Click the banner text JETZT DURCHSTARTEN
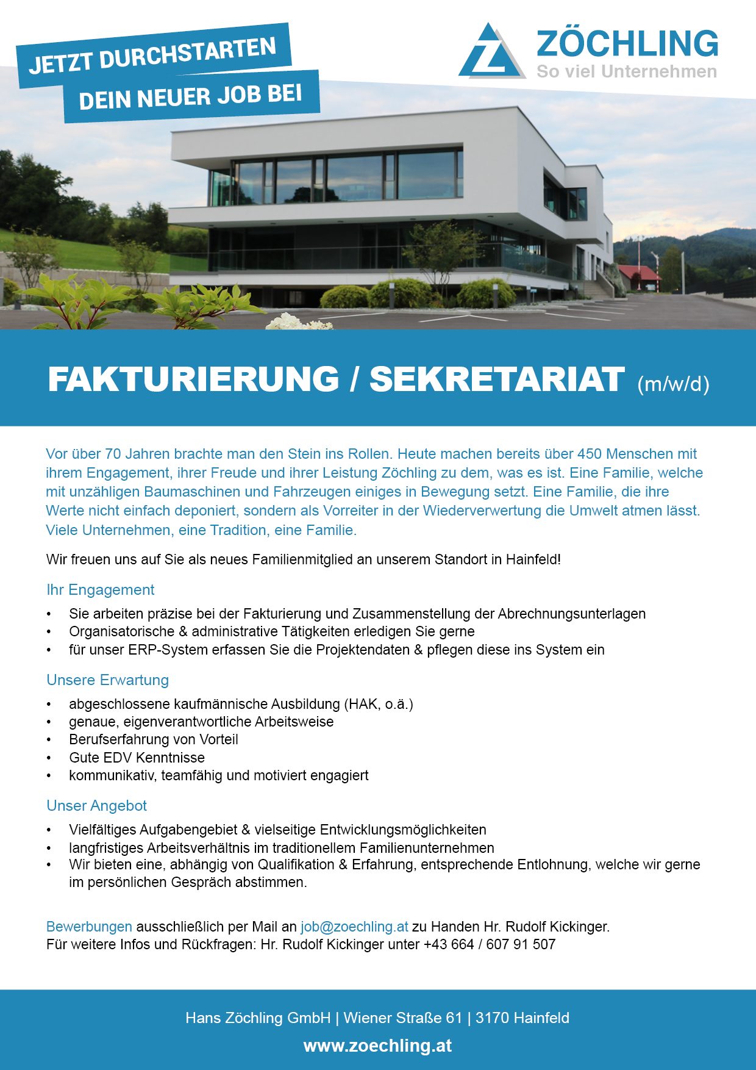click(153, 56)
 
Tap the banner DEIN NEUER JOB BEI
click(191, 96)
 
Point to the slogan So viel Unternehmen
click(626, 71)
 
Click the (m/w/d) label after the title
click(673, 384)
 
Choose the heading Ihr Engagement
click(101, 590)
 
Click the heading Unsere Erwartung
click(108, 680)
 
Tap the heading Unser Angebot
click(97, 806)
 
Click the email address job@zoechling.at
click(354, 927)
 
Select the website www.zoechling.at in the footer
click(378, 1046)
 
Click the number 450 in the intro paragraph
click(590, 454)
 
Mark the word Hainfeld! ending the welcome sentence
click(533, 559)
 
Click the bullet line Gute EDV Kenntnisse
click(137, 758)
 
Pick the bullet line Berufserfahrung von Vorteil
click(153, 739)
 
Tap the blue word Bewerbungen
click(89, 927)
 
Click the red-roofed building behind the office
click(638, 276)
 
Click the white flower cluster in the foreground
click(298, 321)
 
